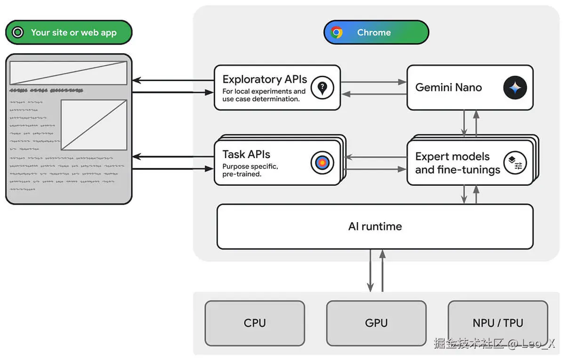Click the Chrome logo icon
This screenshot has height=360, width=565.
tap(337, 32)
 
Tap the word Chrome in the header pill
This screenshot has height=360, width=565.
tap(374, 32)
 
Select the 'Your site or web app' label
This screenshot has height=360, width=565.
tap(73, 32)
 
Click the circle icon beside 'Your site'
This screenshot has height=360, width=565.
tap(18, 32)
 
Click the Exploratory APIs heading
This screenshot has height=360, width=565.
tap(265, 79)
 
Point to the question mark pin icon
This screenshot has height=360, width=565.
tap(322, 88)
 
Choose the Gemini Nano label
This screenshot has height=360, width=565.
tap(448, 87)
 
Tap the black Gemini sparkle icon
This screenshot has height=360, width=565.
tap(515, 88)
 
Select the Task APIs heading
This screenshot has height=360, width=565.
tap(246, 154)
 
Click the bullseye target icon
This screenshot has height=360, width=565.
tap(322, 163)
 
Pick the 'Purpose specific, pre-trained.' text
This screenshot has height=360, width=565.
tap(250, 170)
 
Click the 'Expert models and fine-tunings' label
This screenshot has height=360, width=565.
tap(457, 163)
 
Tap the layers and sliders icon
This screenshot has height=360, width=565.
tap(515, 163)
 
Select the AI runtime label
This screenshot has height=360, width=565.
tap(375, 226)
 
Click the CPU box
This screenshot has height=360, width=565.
tap(255, 323)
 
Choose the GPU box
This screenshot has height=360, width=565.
tap(376, 323)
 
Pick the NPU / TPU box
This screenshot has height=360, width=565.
tap(498, 323)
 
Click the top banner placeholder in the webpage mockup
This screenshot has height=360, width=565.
tap(68, 73)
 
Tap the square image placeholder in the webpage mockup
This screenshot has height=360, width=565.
tap(94, 125)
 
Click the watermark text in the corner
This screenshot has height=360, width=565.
tap(494, 344)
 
